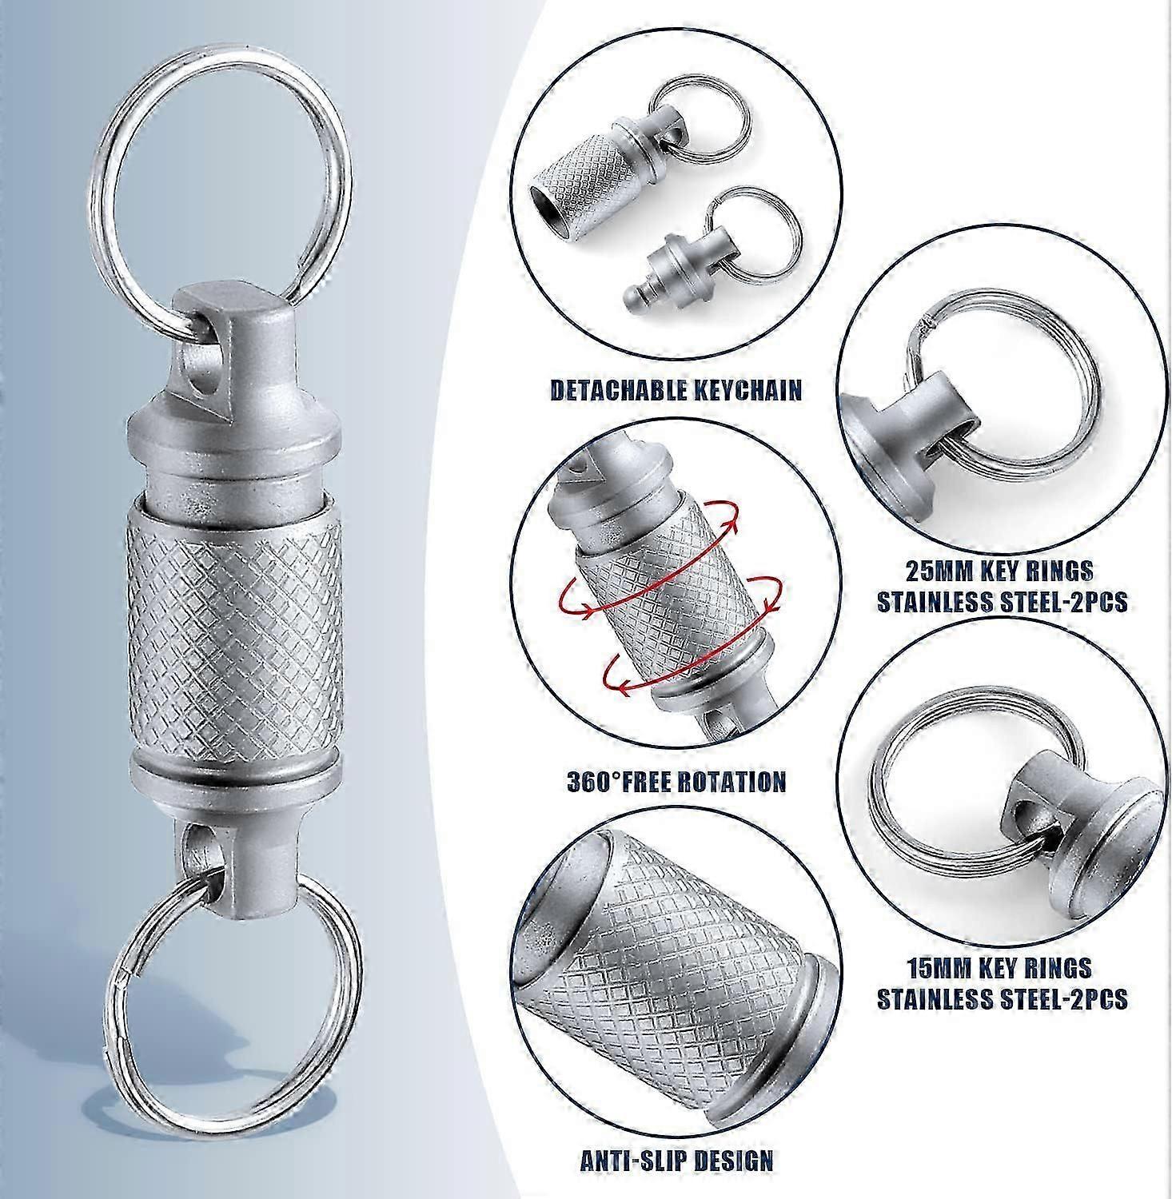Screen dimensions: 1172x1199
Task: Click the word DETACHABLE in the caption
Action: tap(617, 390)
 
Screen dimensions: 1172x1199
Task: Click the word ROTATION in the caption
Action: tap(734, 780)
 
